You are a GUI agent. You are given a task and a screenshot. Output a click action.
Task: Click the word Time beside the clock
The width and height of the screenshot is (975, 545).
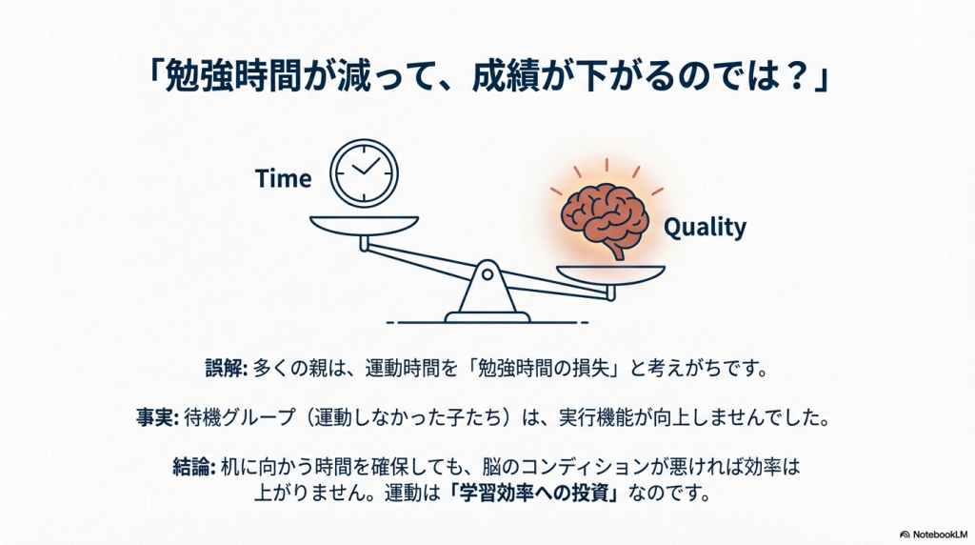(x=284, y=178)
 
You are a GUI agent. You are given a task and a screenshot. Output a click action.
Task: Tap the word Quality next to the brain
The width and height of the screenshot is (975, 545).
(x=706, y=227)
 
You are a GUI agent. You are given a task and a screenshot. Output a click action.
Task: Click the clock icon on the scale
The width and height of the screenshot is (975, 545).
(x=364, y=173)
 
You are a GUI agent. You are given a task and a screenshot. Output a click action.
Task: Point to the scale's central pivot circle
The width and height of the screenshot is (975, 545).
(x=487, y=273)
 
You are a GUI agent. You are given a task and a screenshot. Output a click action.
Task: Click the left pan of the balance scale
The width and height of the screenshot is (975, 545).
(x=365, y=226)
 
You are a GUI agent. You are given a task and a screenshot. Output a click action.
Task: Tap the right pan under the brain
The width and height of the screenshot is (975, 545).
(x=610, y=275)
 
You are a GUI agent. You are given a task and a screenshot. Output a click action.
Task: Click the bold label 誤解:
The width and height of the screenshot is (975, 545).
(x=227, y=368)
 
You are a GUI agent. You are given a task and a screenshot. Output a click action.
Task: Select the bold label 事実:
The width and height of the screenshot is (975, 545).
(x=158, y=416)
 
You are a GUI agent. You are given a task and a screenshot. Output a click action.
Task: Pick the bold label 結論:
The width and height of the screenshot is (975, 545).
(x=194, y=467)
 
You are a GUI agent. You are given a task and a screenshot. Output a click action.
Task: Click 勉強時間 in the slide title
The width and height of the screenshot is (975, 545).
(x=233, y=76)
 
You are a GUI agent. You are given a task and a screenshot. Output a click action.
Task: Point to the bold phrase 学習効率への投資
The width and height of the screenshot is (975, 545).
(x=536, y=494)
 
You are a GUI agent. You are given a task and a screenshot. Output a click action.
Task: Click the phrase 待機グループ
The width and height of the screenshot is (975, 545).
(x=239, y=416)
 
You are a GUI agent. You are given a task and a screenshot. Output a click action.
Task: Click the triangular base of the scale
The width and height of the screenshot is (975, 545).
(x=487, y=293)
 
